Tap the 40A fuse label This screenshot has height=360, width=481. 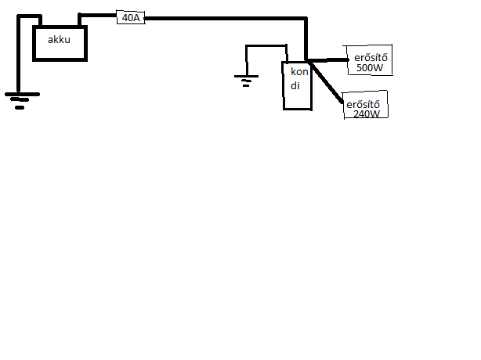(x=131, y=16)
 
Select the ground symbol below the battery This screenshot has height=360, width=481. (x=19, y=99)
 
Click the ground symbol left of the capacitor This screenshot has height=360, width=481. (x=247, y=78)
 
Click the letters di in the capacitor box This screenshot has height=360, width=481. (x=295, y=85)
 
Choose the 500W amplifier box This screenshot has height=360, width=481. (x=369, y=61)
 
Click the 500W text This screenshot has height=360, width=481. (x=369, y=68)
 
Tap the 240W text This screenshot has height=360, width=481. (x=367, y=113)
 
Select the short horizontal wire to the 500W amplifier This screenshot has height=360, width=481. (x=331, y=59)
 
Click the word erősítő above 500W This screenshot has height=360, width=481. (x=369, y=56)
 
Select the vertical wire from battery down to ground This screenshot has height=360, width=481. (x=19, y=55)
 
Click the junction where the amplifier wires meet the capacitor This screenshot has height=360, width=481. (x=309, y=60)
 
